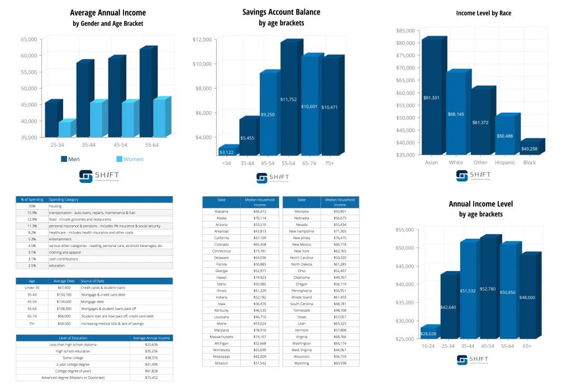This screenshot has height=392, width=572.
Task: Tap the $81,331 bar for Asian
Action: point(431,98)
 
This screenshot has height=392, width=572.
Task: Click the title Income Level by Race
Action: point(483,13)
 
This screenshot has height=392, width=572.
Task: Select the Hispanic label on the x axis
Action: point(505,162)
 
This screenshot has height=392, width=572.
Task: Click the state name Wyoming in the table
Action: point(302,363)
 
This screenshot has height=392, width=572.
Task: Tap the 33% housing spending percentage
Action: point(32,206)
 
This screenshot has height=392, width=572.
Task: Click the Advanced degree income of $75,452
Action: point(151,378)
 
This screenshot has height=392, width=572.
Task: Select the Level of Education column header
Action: point(73,338)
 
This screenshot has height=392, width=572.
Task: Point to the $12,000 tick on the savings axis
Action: point(202,40)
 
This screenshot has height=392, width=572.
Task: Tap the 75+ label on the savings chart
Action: point(331,163)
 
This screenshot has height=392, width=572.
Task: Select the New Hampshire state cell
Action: point(302,230)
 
